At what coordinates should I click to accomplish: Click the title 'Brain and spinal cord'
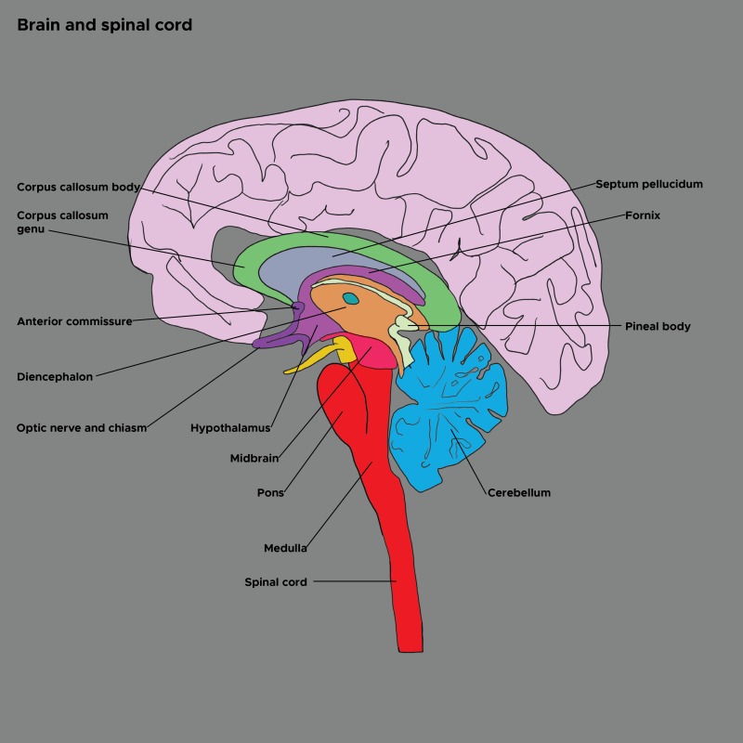click(104, 25)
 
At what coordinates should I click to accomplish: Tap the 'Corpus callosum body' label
click(78, 187)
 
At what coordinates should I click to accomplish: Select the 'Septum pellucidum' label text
click(649, 184)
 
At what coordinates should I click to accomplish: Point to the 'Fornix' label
click(643, 215)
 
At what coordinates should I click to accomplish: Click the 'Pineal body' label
click(658, 327)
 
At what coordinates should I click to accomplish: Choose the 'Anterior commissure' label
click(74, 321)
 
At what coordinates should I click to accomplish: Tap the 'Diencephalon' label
click(55, 377)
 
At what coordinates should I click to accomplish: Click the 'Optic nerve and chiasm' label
click(82, 428)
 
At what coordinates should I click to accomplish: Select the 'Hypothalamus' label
click(230, 428)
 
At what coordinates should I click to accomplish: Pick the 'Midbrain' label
click(254, 458)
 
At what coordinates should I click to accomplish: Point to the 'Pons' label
click(269, 492)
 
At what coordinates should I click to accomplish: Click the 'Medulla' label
click(285, 548)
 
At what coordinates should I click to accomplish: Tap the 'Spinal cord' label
click(275, 582)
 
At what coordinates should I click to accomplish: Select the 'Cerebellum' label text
click(519, 492)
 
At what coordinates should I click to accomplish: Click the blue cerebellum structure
click(455, 409)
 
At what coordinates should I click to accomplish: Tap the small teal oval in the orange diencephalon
click(351, 298)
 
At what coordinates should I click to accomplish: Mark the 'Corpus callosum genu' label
click(62, 222)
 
